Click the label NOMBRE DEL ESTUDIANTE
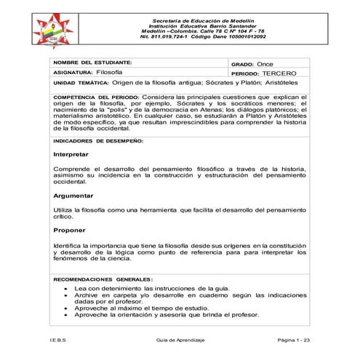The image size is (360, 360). tap(92, 63)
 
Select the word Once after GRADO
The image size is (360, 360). tap(265, 64)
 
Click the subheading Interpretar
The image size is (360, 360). tap(71, 156)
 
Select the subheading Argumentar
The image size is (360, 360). tap(73, 196)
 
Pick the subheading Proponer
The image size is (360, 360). tap(70, 230)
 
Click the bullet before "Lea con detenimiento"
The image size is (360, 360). tap(67, 288)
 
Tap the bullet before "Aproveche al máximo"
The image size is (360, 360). tap(67, 308)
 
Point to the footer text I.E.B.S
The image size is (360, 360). tap(60, 340)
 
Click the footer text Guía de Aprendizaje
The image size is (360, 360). tap(180, 340)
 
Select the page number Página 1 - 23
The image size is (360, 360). tap(294, 340)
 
